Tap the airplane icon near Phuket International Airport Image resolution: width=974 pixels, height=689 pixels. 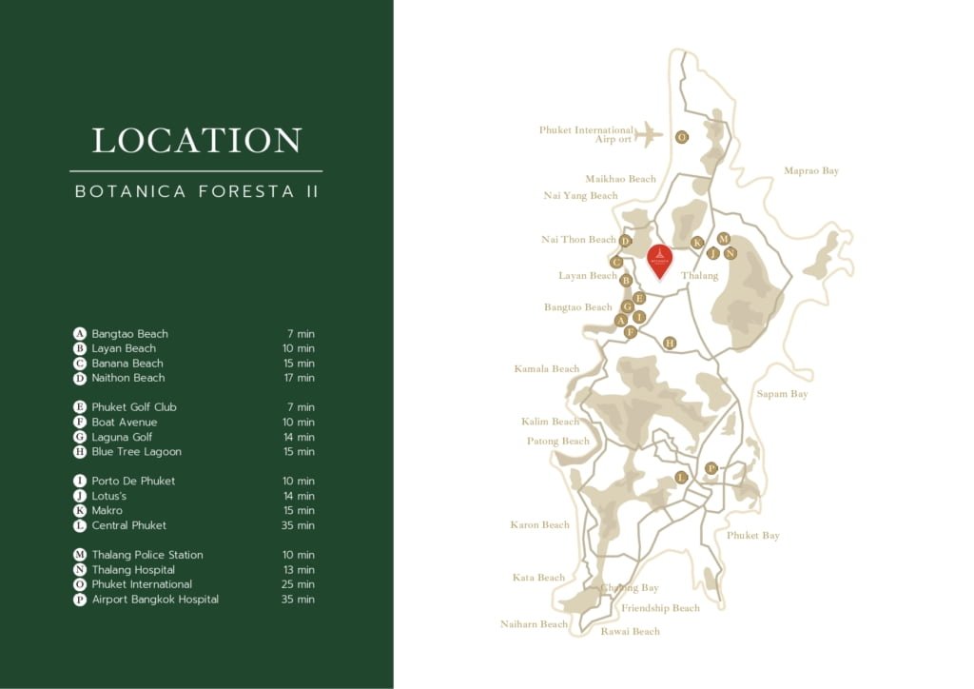[x=649, y=134]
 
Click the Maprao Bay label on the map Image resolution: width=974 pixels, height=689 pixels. [x=811, y=171]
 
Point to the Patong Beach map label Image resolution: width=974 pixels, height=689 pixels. [x=558, y=442]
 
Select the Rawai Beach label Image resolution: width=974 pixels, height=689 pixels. [x=630, y=631]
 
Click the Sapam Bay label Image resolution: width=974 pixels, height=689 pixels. [x=782, y=394]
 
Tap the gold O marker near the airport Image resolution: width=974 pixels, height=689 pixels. [x=682, y=137]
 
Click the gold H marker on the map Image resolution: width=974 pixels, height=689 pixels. [x=670, y=343]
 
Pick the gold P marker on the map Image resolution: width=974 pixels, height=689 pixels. [x=711, y=468]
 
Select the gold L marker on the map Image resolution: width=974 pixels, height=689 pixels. [x=681, y=477]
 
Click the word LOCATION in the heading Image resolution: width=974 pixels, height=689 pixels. [x=197, y=141]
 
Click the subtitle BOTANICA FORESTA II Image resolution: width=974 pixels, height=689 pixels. [x=197, y=191]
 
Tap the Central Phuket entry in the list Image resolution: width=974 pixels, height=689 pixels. [x=128, y=525]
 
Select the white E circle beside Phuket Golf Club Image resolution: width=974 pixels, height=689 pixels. [x=80, y=407]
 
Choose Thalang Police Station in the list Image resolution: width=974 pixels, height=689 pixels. [x=147, y=555]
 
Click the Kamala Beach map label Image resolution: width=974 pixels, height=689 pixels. [x=547, y=369]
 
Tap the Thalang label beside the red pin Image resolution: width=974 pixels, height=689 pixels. [x=699, y=276]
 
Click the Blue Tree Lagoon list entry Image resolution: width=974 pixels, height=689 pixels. [x=136, y=452]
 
